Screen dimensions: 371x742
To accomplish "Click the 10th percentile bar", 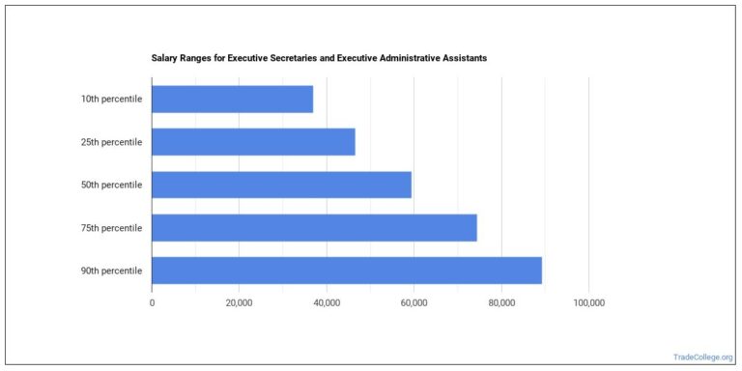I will point(232,99).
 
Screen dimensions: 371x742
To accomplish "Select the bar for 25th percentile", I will point(253,142).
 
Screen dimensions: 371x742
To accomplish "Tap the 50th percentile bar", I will point(281,185).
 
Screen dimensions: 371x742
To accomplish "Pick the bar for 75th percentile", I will point(314,228).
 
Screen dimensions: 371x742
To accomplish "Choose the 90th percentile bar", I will point(347,271).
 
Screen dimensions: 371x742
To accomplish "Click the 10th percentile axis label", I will point(111,99).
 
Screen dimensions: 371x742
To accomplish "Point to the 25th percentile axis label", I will point(111,142).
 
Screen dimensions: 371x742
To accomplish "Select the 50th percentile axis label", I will point(111,185).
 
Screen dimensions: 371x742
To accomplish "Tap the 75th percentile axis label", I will point(111,228).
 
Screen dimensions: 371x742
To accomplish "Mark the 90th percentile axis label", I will point(111,271).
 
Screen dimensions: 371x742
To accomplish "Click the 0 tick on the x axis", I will point(152,302).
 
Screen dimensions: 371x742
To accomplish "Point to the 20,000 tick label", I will point(239,302).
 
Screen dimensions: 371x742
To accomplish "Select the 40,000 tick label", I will point(327,302).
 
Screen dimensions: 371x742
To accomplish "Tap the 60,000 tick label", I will point(414,302).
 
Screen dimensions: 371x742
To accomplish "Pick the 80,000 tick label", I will point(501,302).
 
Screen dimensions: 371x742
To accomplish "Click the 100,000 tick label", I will point(588,302).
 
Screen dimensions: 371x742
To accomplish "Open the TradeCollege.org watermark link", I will point(702,357).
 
